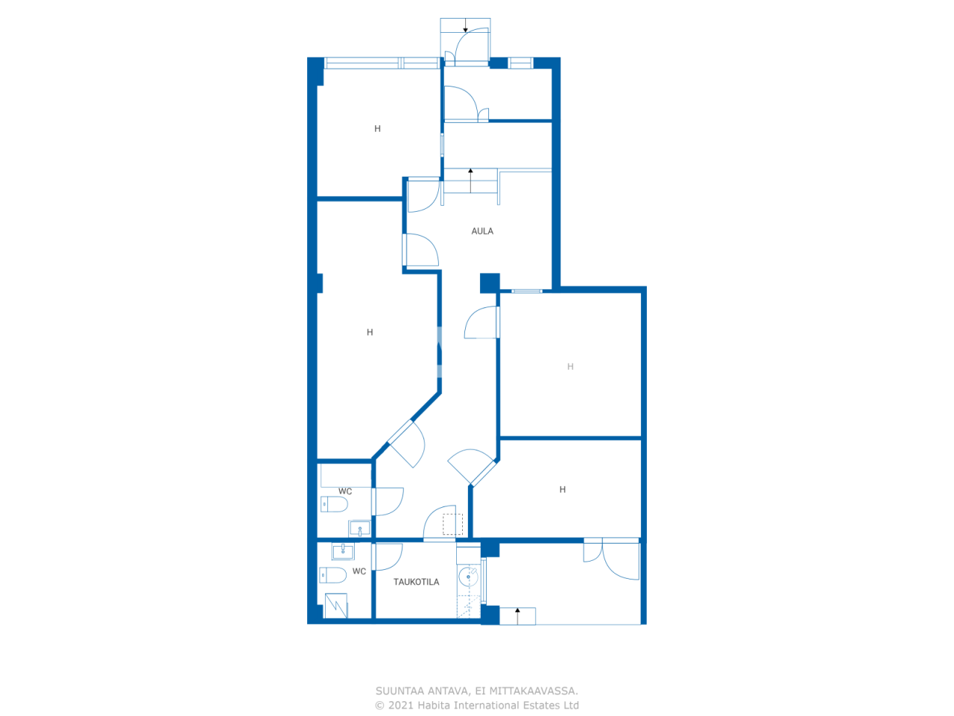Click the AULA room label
point(482,231)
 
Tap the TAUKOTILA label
point(416,582)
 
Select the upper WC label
point(345,492)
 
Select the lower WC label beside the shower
point(359,572)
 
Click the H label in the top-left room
point(377,129)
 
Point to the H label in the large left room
point(370,333)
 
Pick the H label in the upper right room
point(570,367)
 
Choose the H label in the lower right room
point(563,490)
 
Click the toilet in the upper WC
point(334,505)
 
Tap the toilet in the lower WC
point(332,575)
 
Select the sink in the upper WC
point(360,529)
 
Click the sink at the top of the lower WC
point(343,551)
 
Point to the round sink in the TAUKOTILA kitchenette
point(469,576)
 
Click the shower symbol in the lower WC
point(336,606)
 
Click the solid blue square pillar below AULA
point(490,283)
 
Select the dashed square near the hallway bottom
point(452,524)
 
